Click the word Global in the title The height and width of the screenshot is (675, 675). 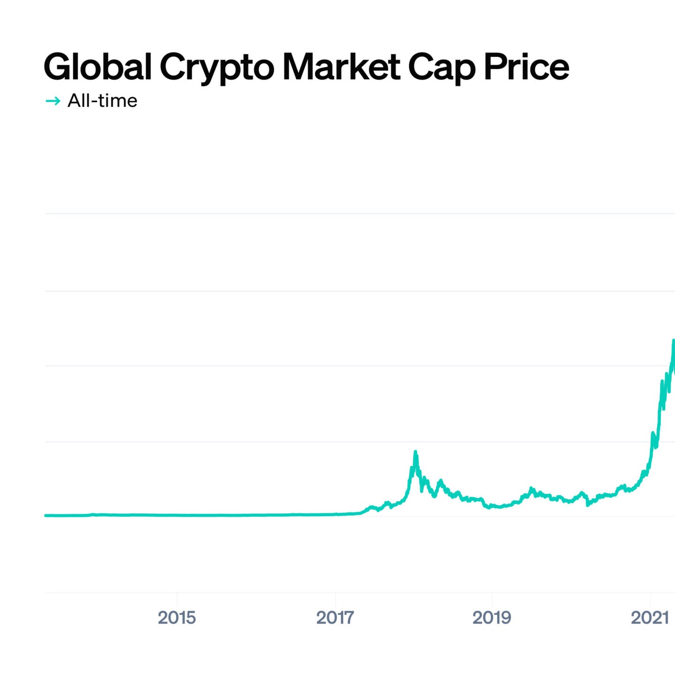(97, 67)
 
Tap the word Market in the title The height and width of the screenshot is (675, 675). (341, 67)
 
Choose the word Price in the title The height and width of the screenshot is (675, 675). (526, 67)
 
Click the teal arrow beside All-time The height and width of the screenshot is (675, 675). (53, 101)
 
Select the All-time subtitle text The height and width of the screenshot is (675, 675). (102, 101)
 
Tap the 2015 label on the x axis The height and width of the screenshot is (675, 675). (177, 618)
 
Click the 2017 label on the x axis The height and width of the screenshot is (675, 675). (335, 618)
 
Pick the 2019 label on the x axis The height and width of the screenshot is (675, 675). (492, 618)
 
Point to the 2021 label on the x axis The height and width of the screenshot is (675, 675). (650, 618)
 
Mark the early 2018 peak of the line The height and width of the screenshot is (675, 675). (415, 452)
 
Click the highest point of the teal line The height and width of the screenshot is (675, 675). (673, 341)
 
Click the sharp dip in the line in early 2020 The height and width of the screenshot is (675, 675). (588, 505)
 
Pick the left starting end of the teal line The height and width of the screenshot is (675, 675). (46, 516)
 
